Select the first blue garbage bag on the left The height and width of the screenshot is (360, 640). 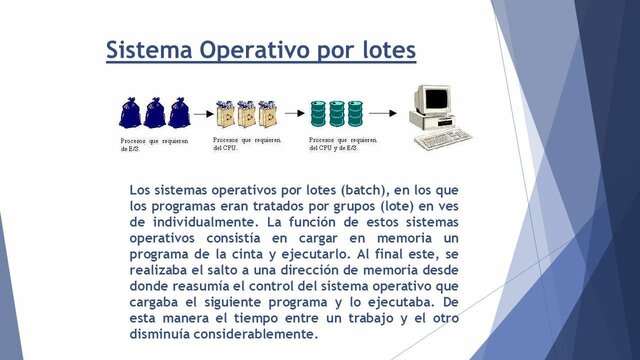click(130, 111)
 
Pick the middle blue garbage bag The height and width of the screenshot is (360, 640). click(154, 111)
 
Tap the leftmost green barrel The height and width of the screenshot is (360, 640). click(318, 112)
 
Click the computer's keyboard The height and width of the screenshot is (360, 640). click(442, 139)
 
